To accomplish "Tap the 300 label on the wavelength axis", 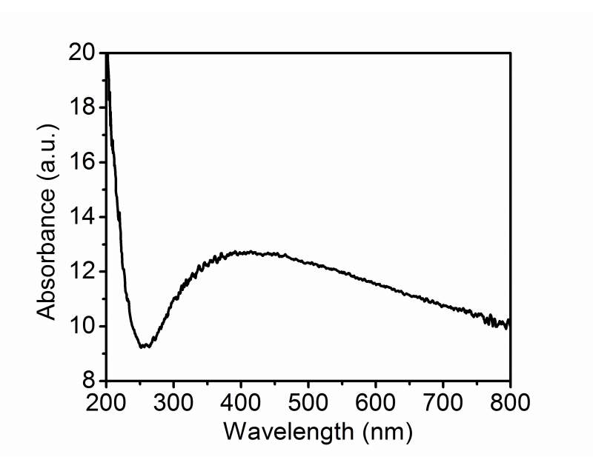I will point(173,404).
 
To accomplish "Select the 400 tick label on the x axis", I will point(241,404).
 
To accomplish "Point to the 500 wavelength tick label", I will point(308,404).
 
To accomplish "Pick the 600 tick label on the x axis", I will point(376,404).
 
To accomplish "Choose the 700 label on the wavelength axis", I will point(443,404).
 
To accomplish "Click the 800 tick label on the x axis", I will point(510,404).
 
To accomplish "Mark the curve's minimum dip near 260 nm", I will point(145,346).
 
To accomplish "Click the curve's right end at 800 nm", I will point(510,323).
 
